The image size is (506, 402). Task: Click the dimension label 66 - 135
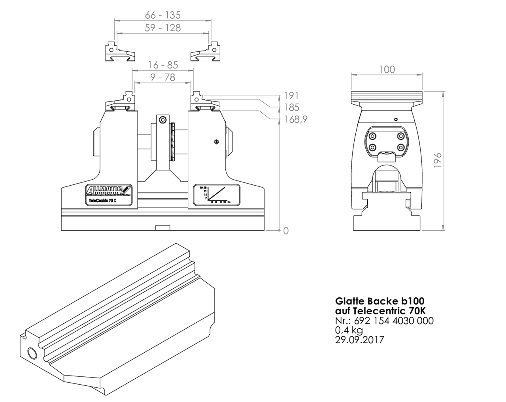tap(162, 15)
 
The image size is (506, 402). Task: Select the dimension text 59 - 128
tap(162, 28)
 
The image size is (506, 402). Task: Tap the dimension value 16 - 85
tap(163, 65)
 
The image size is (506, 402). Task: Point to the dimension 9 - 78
tap(163, 77)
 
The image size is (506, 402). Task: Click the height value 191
tap(291, 96)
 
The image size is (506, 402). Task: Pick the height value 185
tap(291, 107)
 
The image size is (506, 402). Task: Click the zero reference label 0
tap(286, 231)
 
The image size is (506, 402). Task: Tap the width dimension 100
tap(387, 70)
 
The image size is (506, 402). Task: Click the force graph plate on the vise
tap(217, 194)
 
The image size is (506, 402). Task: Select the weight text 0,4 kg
tap(349, 330)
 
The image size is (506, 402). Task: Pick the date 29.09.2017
tap(359, 340)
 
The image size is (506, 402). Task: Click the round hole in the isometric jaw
tap(31, 352)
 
